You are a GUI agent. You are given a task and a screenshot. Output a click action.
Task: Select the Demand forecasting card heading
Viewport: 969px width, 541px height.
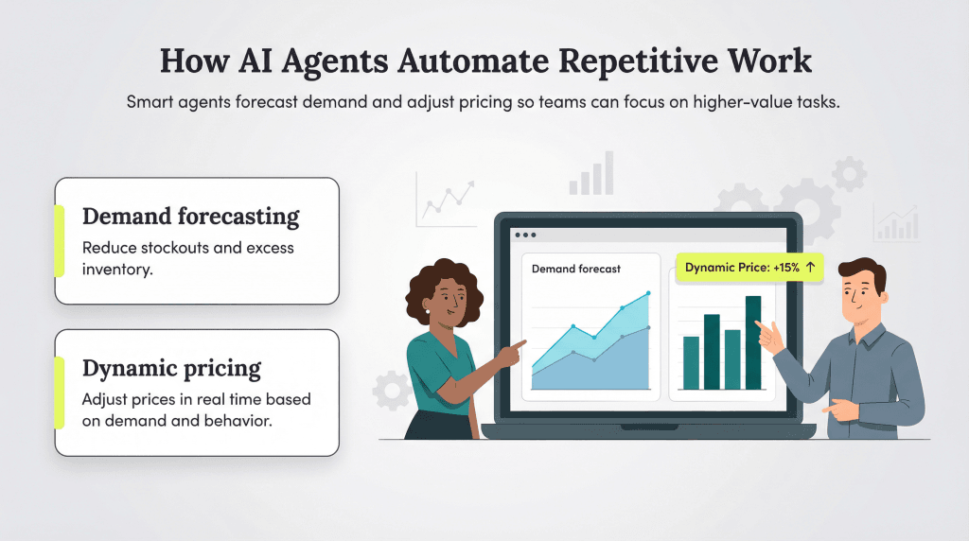tap(190, 217)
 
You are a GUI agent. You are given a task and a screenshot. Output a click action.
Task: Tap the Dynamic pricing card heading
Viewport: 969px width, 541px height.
tap(171, 368)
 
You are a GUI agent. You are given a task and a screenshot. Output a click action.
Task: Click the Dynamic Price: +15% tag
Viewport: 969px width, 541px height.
tap(749, 268)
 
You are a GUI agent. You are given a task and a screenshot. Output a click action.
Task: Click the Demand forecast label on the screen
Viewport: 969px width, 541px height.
tap(575, 269)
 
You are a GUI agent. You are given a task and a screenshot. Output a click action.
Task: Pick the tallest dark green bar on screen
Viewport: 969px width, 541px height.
tap(753, 342)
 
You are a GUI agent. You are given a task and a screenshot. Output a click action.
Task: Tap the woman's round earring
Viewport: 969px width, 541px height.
tap(428, 311)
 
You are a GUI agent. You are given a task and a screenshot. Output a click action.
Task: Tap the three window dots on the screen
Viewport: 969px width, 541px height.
tap(523, 235)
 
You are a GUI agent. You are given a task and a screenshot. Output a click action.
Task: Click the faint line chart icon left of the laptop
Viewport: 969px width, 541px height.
tap(446, 199)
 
